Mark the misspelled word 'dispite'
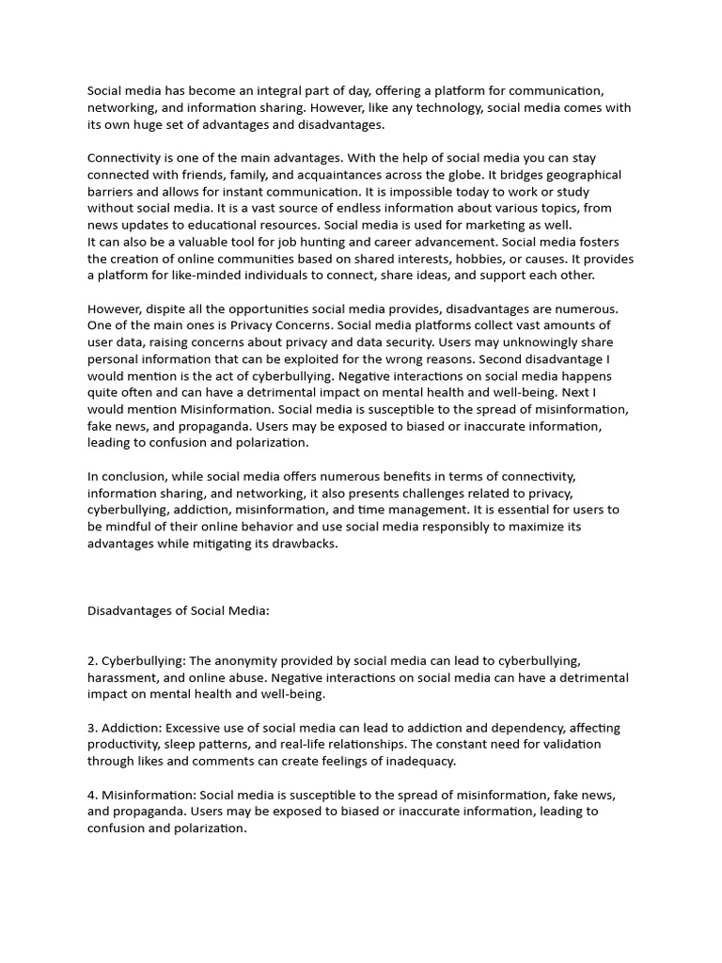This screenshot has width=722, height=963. [167, 308]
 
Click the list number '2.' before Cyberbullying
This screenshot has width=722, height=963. [93, 661]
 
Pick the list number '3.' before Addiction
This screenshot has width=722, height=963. [93, 728]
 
